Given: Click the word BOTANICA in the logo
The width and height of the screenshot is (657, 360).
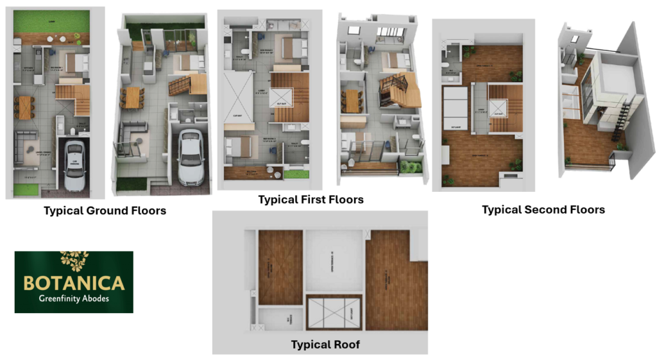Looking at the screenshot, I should tap(74, 283).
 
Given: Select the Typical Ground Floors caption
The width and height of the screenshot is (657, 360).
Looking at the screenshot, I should tap(105, 210).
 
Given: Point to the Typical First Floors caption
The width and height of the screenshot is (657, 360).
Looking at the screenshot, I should tap(311, 200).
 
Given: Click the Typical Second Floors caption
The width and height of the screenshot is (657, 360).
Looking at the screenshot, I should tap(543, 210).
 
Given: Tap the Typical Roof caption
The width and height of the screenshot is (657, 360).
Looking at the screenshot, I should tap(325, 345).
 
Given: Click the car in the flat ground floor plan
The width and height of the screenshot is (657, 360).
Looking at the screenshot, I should tap(74, 166).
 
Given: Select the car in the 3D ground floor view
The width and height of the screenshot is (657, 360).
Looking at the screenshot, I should tap(191, 157).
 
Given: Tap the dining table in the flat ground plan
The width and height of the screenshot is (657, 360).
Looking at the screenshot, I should tap(26, 107).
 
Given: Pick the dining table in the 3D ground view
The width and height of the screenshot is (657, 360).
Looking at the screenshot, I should tap(132, 98).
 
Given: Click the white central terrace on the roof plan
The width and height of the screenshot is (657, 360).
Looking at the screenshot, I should tap(334, 259).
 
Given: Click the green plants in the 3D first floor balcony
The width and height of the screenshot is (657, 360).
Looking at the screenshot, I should tap(411, 166).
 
